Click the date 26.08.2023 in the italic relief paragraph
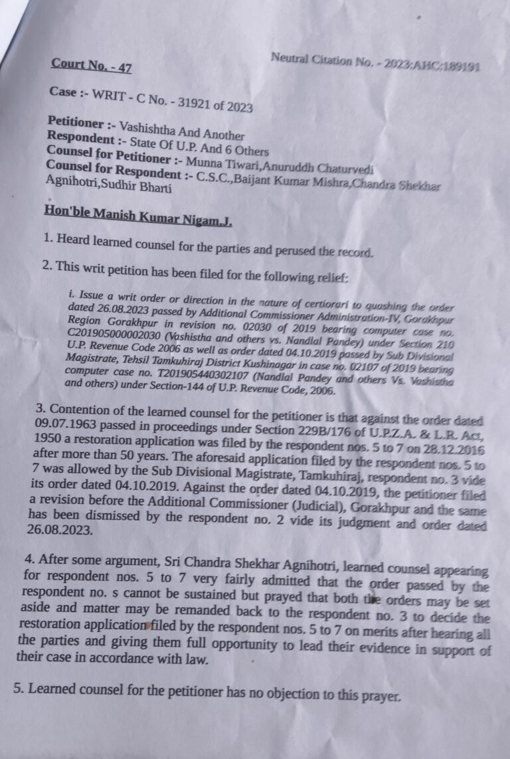click(x=102, y=310)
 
